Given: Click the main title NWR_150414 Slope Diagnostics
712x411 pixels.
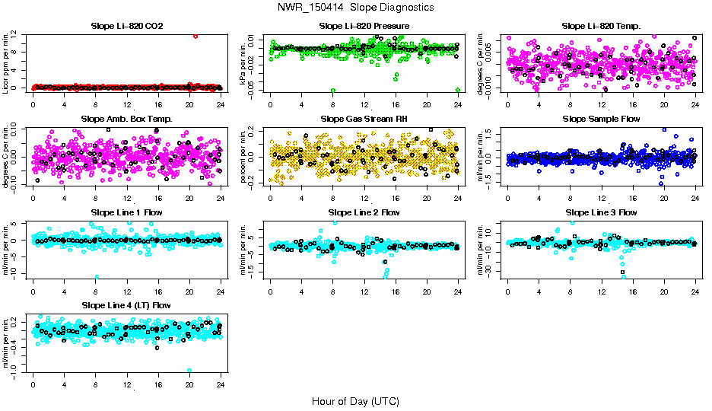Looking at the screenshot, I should point(355,7).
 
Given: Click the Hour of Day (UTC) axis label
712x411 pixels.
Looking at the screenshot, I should point(355,400).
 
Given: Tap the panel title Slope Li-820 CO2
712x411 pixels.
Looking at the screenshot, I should point(126,26).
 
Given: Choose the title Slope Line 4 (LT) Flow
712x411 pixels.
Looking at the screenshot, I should point(126,305).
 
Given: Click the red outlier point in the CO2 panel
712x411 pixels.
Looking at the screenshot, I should point(195,36).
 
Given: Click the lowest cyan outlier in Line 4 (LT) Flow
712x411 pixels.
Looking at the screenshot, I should point(189,371).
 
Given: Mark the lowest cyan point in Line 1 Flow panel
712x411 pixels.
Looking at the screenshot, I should point(97,277).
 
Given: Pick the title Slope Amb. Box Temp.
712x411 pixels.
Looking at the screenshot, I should point(126,119).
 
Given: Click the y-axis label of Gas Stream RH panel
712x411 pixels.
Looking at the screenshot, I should point(243,157).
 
